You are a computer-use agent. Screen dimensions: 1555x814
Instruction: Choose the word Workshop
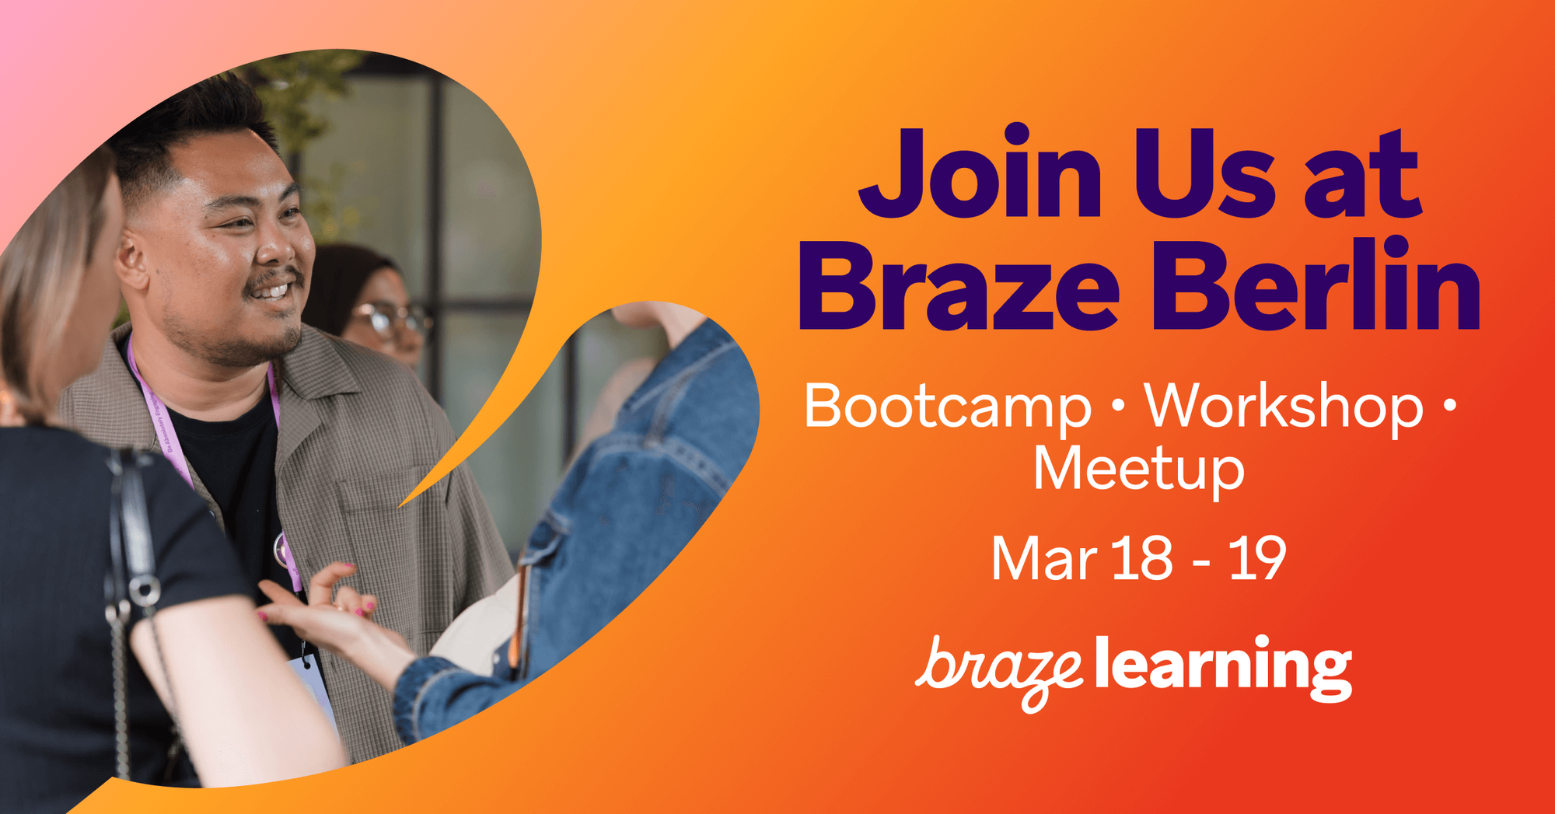pyautogui.click(x=1284, y=406)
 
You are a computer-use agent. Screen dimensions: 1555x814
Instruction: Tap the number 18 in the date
pyautogui.click(x=1142, y=558)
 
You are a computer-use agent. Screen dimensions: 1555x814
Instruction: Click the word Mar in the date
pyautogui.click(x=1044, y=558)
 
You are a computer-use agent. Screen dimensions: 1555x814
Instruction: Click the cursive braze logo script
pyautogui.click(x=999, y=671)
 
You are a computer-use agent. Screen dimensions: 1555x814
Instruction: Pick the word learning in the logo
pyautogui.click(x=1224, y=667)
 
